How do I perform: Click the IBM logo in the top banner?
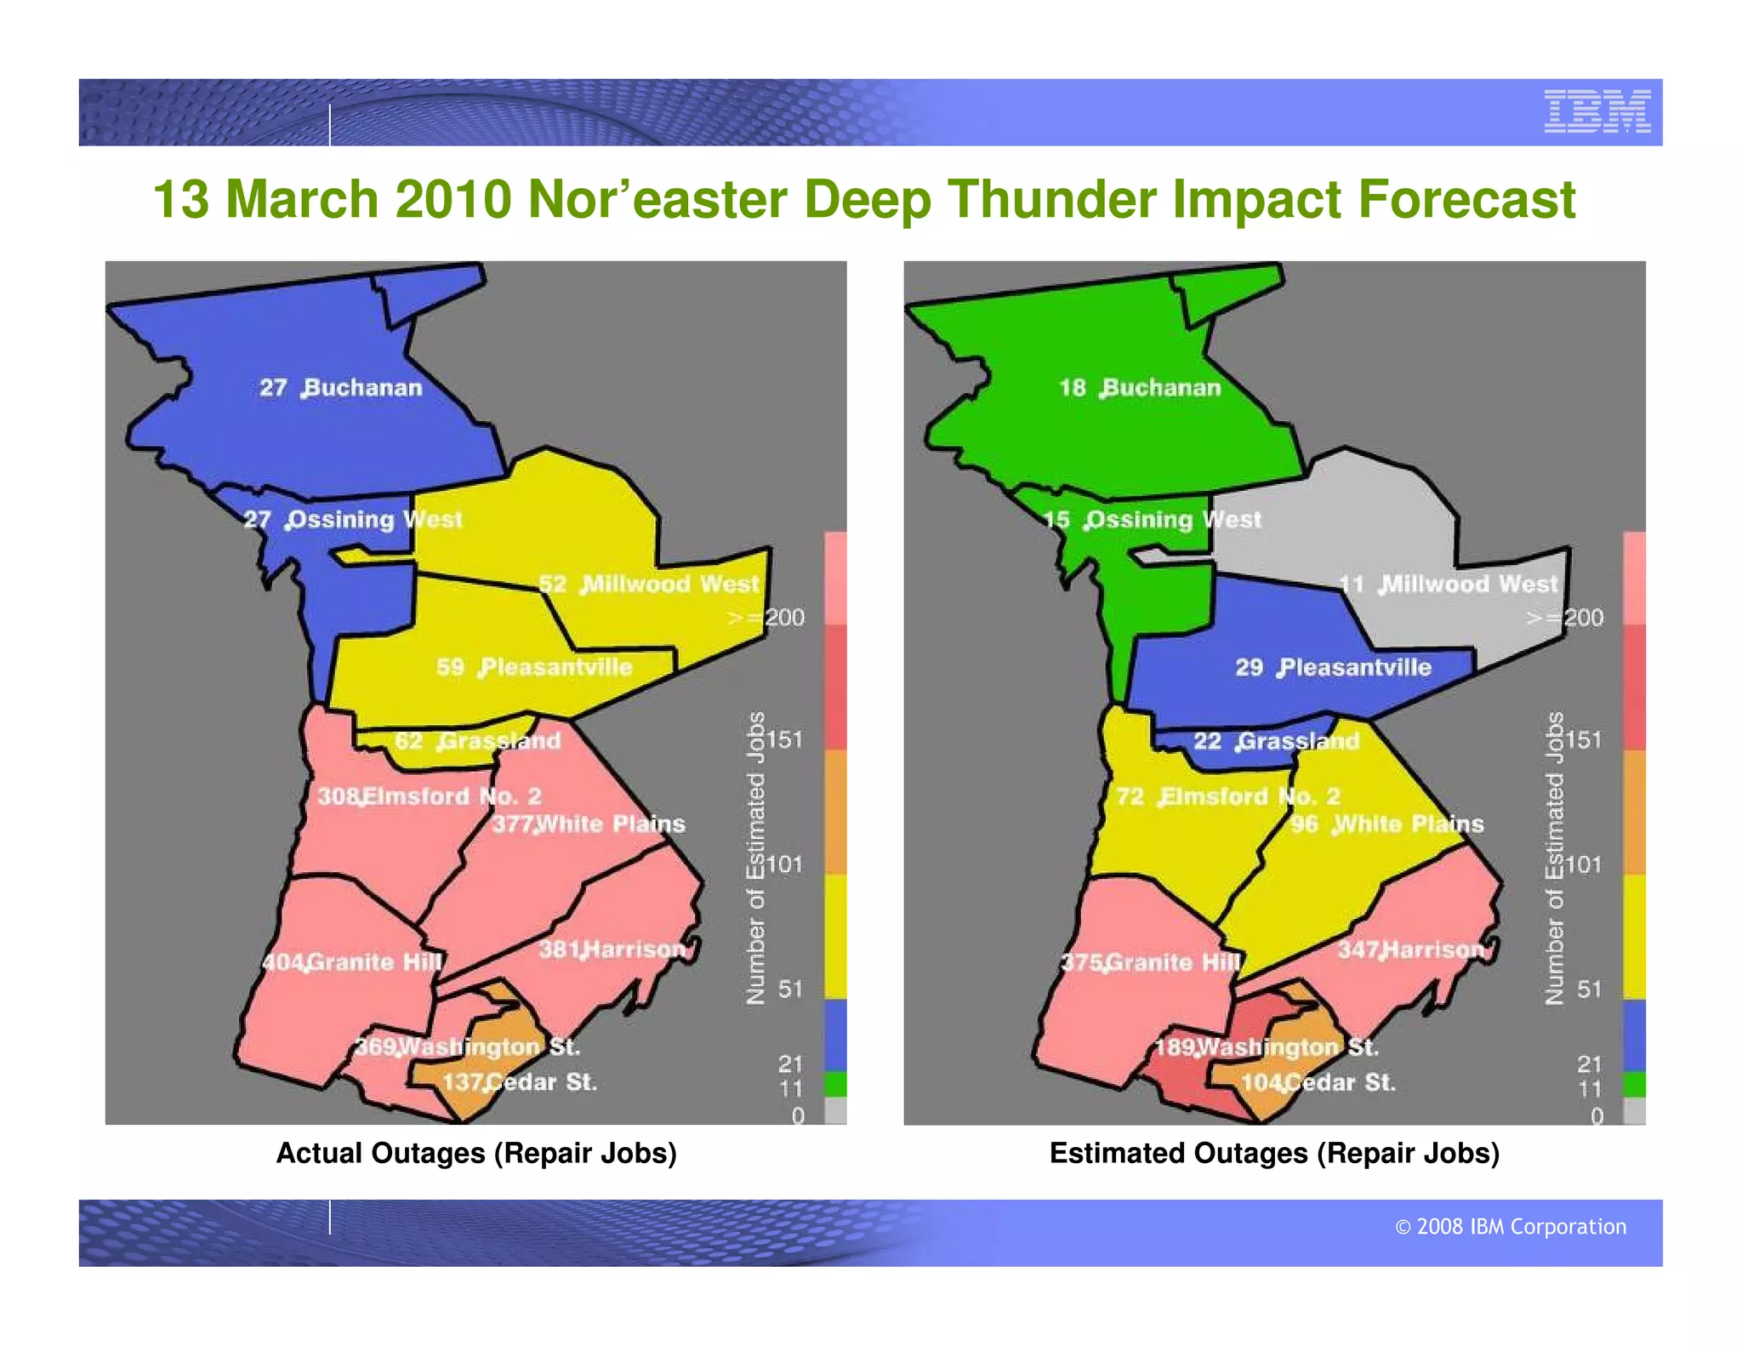(1597, 111)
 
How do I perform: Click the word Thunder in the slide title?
(1051, 199)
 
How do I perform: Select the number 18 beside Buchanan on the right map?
(1072, 388)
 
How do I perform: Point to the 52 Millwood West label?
(648, 584)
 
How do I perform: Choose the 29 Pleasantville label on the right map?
(1333, 667)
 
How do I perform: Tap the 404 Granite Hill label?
(352, 962)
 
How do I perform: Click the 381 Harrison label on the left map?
(612, 950)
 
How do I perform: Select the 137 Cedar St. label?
(520, 1082)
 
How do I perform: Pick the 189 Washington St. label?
(1267, 1047)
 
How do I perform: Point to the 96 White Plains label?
(1386, 824)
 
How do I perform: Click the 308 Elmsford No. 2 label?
(430, 796)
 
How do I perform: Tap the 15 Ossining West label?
(1153, 519)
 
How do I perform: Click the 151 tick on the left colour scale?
(784, 739)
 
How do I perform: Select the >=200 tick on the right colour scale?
(1565, 617)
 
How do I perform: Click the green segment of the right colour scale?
(1634, 1085)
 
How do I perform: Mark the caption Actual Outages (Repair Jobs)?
(476, 1153)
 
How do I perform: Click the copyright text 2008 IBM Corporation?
(1511, 1226)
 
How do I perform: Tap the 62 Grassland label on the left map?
(478, 740)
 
